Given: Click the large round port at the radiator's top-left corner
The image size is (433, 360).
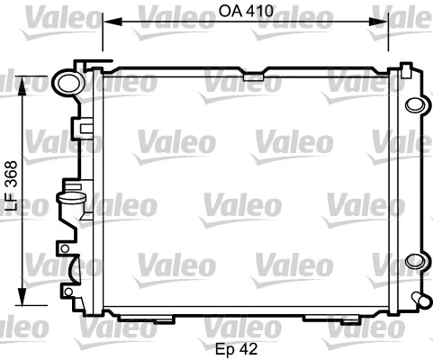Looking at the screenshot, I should tap(67, 82).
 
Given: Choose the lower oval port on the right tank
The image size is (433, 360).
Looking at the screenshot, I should tap(413, 262).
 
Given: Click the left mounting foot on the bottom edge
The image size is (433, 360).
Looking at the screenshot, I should tap(165, 319).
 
